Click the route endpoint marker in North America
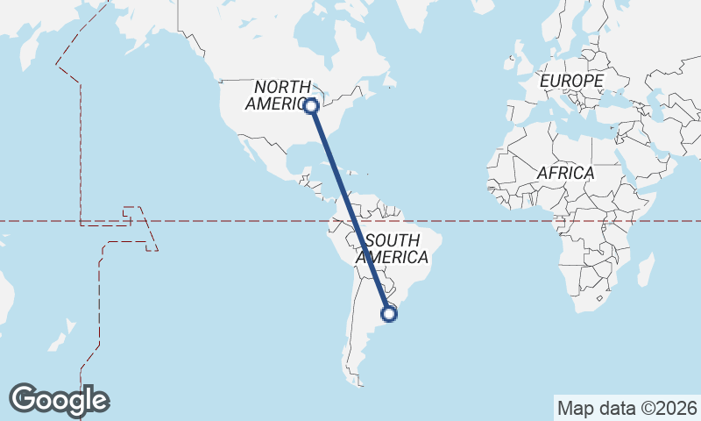click(x=310, y=105)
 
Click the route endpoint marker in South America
click(x=389, y=313)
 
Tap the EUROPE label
click(x=571, y=81)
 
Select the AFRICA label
click(x=565, y=173)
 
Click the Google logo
click(x=59, y=400)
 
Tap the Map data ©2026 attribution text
click(x=627, y=408)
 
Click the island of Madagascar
click(x=646, y=270)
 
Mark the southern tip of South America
click(x=358, y=382)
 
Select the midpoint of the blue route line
click(x=350, y=209)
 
